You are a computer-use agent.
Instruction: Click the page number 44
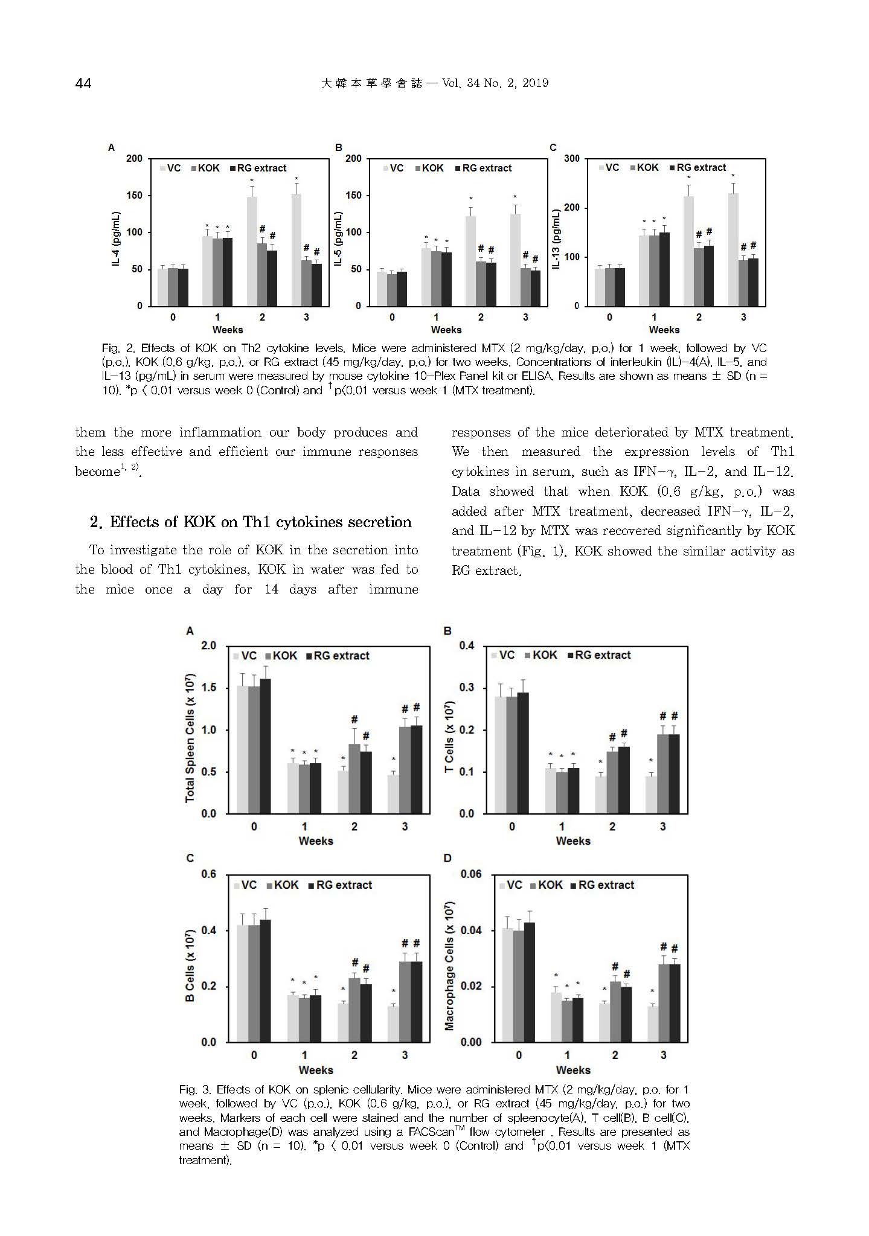tap(83, 83)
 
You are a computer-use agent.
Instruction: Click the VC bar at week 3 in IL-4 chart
tap(296, 250)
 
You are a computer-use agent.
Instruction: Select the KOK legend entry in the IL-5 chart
tap(429, 168)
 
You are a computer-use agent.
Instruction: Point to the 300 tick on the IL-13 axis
tap(571, 159)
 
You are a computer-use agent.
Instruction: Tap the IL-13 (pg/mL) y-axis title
tap(557, 239)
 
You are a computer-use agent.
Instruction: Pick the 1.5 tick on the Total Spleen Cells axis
tap(208, 688)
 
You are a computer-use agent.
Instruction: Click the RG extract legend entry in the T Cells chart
tap(599, 655)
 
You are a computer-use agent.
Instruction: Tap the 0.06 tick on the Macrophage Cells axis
tap(471, 874)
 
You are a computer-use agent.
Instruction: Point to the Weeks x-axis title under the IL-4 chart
tap(228, 330)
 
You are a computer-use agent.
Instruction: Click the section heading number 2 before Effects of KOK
tap(94, 522)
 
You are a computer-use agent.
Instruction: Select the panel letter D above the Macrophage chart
tap(447, 858)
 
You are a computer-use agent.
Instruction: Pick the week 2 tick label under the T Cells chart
tap(612, 827)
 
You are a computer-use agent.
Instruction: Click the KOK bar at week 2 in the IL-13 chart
tap(699, 277)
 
